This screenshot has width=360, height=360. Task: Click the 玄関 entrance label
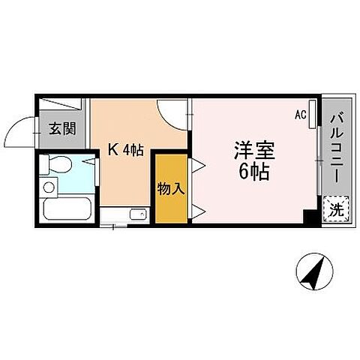point(63,129)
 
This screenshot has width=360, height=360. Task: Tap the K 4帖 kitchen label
point(124,151)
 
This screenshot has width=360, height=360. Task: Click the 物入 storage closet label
point(170,188)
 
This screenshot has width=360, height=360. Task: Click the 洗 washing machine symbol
point(336,209)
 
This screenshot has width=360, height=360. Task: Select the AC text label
point(300,115)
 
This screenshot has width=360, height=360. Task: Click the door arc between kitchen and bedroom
point(172,112)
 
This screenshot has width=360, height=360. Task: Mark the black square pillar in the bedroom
point(309,216)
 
